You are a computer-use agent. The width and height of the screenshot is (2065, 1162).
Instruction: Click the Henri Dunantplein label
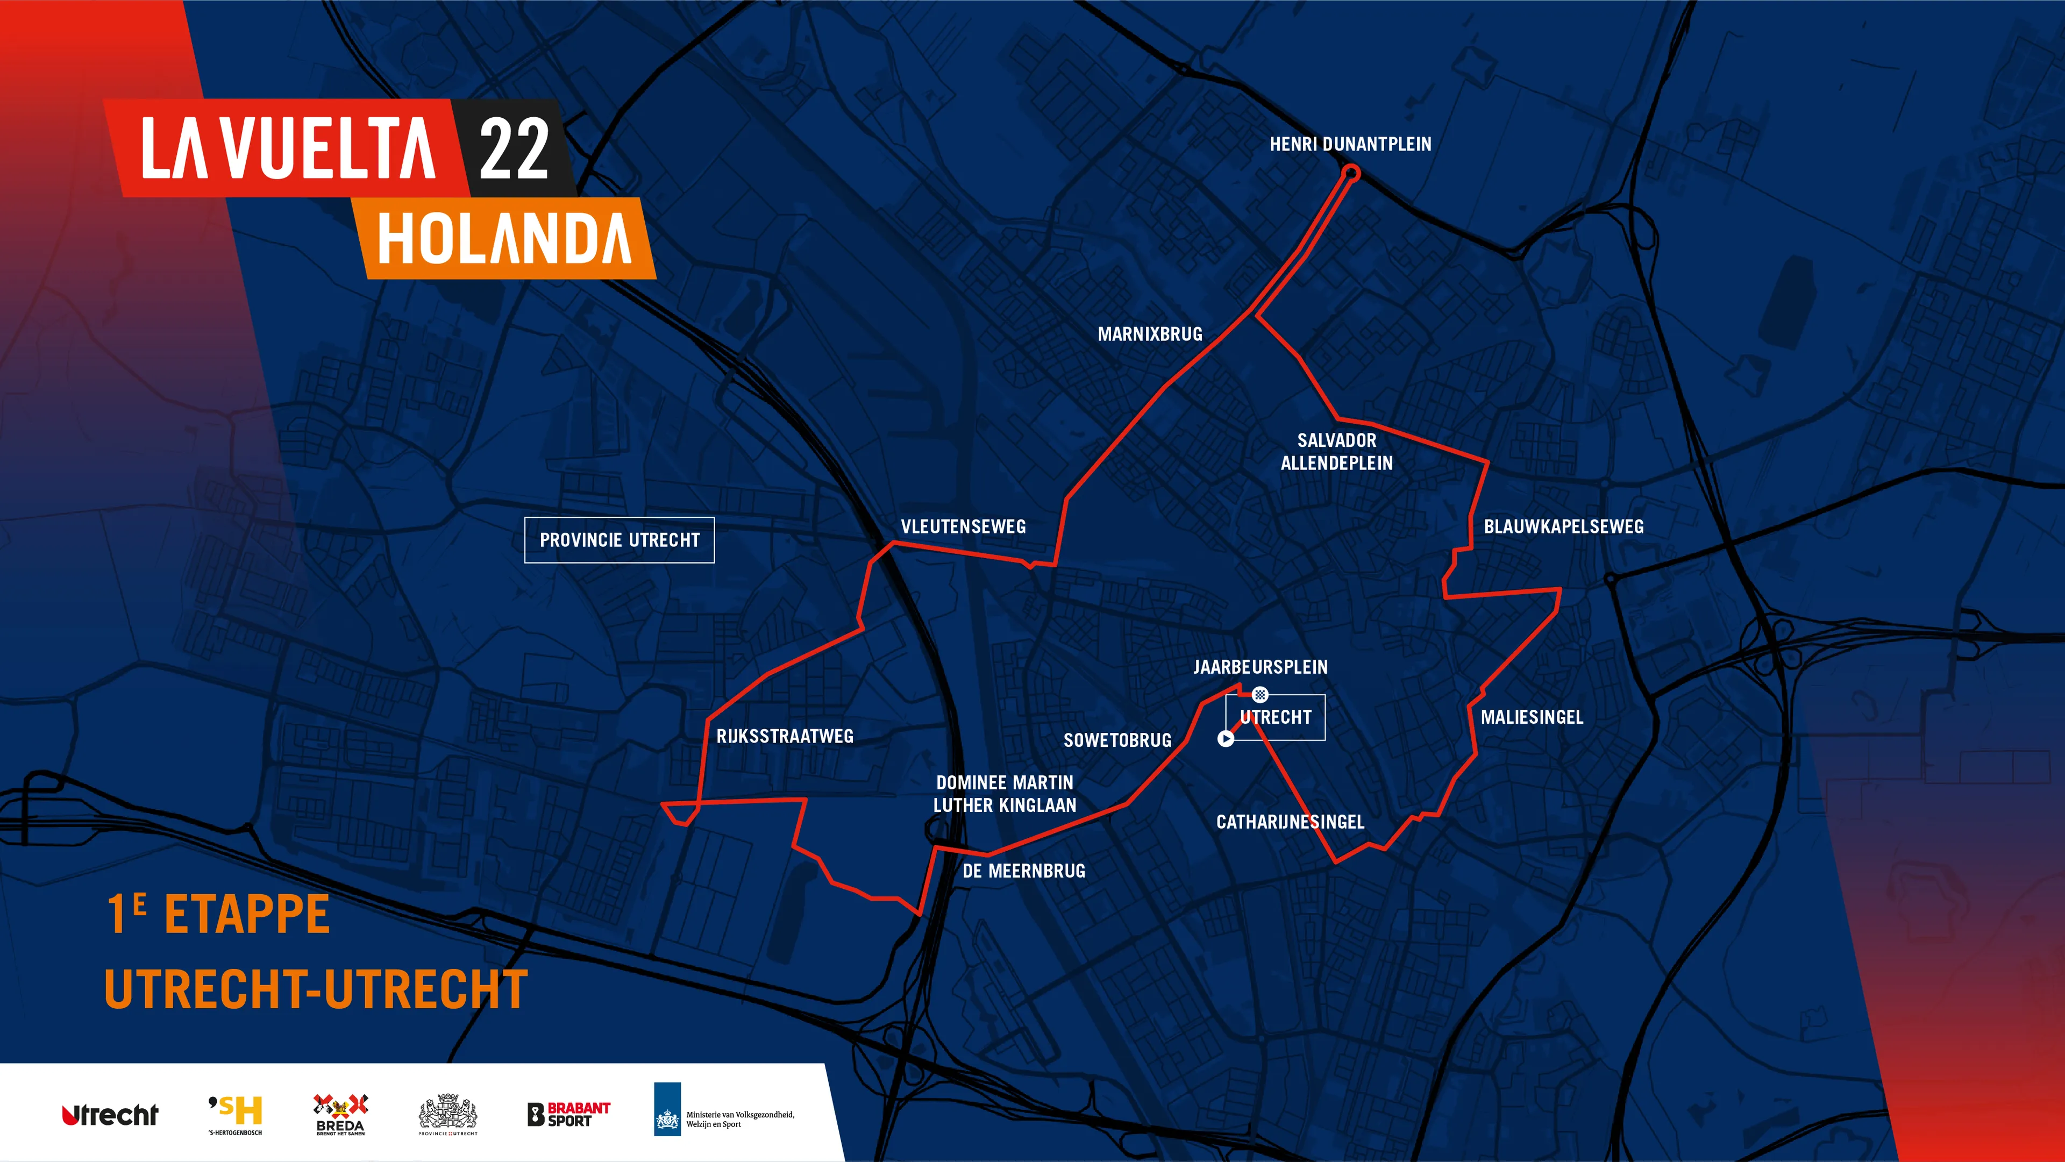pos(1350,144)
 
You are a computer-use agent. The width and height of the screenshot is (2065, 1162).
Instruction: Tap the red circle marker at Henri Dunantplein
pos(1351,172)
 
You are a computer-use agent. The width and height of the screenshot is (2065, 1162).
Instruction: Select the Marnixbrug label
pos(1150,334)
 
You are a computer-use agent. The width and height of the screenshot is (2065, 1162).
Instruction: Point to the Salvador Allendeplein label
pos(1336,451)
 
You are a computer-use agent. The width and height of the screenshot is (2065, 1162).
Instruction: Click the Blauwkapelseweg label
pos(1563,526)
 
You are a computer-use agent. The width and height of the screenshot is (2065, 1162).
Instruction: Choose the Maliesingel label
pos(1531,717)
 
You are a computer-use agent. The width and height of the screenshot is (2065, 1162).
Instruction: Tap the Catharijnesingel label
pos(1290,822)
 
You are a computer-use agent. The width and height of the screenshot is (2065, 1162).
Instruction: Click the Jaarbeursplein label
pos(1260,667)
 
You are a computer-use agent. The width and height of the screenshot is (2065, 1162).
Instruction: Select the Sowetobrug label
pos(1117,740)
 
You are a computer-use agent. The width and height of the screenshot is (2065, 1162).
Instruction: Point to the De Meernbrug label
pos(1024,871)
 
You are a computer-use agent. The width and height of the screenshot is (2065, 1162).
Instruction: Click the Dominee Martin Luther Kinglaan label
pos(1005,793)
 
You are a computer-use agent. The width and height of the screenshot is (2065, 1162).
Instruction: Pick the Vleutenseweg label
pos(963,526)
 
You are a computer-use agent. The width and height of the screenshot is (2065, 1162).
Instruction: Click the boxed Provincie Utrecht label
pos(619,540)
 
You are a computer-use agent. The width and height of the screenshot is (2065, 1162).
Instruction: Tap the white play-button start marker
pos(1226,739)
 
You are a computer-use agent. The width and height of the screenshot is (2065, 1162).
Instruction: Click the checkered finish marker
pos(1260,694)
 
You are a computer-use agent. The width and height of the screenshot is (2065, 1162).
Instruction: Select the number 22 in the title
pos(514,149)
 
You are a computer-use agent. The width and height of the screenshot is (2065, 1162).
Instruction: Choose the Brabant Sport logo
pos(568,1114)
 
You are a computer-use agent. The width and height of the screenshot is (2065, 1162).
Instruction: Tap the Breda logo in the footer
pos(340,1115)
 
